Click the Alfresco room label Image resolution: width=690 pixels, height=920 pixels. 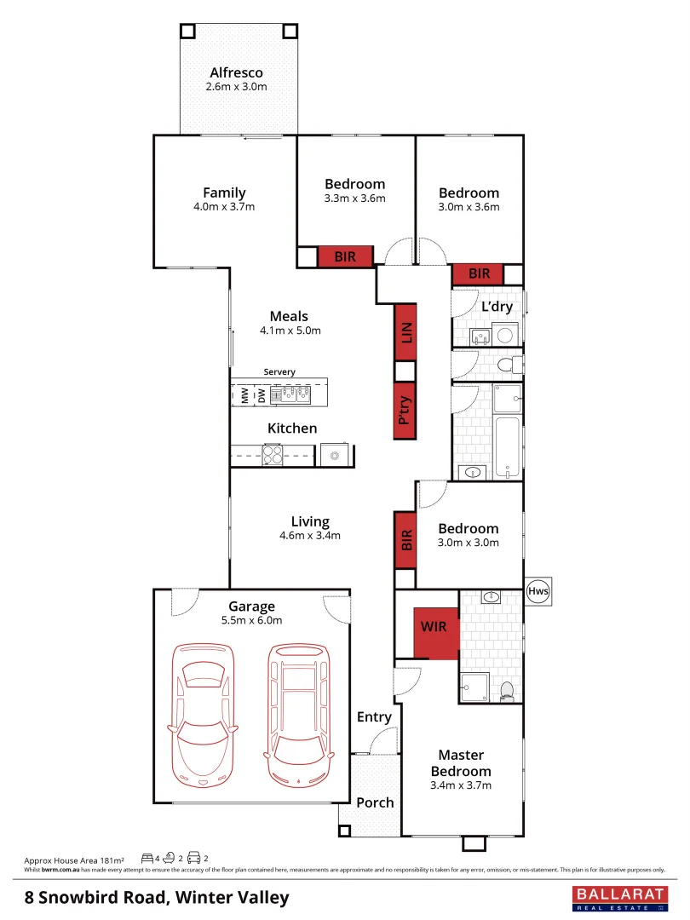click(x=236, y=73)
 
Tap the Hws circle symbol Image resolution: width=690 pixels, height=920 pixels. click(x=538, y=590)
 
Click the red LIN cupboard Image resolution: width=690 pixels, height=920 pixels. click(x=405, y=332)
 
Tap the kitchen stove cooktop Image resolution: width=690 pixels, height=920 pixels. click(x=273, y=455)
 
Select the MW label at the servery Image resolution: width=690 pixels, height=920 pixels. click(x=244, y=395)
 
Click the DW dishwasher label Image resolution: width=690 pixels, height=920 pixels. click(x=261, y=395)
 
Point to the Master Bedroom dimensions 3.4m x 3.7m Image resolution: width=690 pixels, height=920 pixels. click(x=461, y=785)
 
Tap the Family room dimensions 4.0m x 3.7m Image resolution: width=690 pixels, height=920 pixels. click(x=224, y=207)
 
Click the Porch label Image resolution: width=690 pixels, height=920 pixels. click(x=375, y=802)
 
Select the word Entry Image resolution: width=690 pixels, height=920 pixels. click(x=374, y=717)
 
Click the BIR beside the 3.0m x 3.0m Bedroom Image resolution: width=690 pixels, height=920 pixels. click(x=405, y=539)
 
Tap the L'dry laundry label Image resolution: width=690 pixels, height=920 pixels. click(x=497, y=307)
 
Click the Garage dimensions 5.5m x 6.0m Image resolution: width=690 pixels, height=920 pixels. click(x=251, y=620)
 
